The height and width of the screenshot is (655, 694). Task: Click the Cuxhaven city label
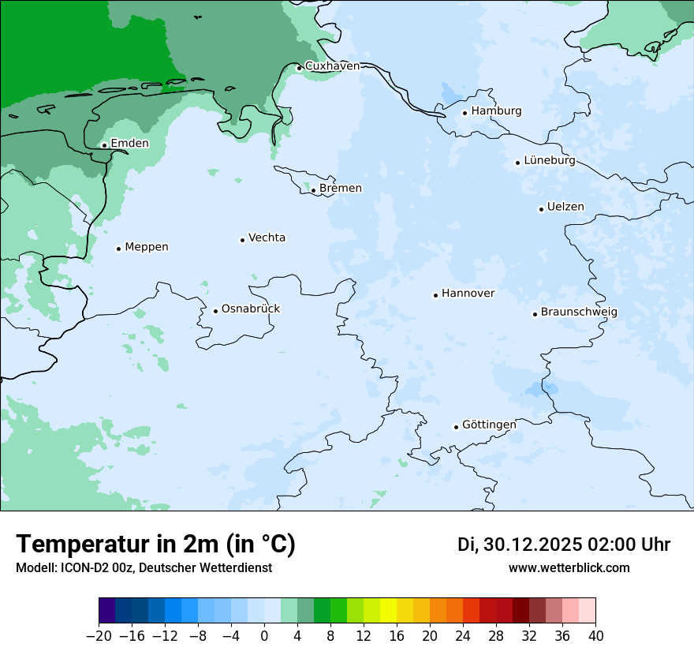coord(332,66)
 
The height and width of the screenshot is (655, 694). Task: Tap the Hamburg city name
coord(496,111)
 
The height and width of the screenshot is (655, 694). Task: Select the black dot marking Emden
coord(104,145)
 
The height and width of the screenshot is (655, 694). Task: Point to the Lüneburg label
coord(550,160)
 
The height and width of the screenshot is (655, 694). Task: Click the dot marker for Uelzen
coord(541,209)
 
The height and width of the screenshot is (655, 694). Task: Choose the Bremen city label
coord(341,189)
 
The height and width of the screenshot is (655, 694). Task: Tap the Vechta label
coord(267,238)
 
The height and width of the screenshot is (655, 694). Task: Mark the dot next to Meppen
coord(118,249)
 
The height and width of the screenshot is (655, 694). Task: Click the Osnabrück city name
coord(251,309)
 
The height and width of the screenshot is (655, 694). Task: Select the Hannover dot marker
coord(435,295)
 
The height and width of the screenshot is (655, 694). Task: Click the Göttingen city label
coord(489,425)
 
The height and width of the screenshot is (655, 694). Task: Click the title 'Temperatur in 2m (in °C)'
coord(155,545)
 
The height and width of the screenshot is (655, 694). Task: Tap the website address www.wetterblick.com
coord(569,568)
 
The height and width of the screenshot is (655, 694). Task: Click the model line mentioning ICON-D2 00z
coord(144,568)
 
